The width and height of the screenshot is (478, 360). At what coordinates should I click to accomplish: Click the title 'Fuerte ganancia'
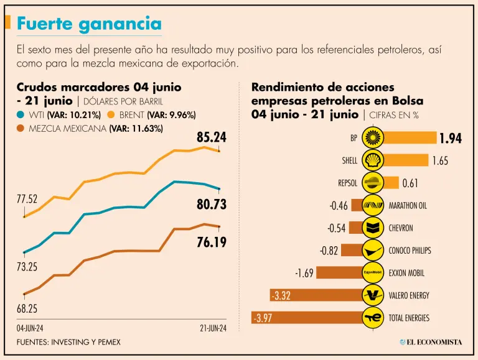[89, 24]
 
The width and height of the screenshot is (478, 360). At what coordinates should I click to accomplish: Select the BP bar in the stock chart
[411, 138]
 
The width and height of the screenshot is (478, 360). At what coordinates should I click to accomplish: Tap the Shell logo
[372, 160]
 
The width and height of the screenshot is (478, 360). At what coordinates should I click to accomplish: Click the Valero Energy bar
[316, 295]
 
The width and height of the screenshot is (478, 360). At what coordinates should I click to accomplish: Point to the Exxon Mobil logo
[372, 272]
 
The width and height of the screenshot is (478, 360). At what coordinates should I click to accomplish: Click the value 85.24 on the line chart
[207, 137]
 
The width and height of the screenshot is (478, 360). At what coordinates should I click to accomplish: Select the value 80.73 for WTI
[207, 205]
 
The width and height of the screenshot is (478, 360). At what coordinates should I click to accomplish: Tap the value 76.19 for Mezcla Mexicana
[211, 242]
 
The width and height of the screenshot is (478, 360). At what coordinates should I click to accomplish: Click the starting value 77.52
[27, 200]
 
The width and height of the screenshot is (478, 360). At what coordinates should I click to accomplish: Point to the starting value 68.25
[27, 309]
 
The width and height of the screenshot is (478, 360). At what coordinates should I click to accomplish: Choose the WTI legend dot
[21, 115]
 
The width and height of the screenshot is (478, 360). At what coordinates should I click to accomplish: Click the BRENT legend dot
[112, 115]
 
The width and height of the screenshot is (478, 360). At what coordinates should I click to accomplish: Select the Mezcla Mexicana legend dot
[21, 129]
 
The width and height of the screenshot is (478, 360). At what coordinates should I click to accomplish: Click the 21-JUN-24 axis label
[213, 327]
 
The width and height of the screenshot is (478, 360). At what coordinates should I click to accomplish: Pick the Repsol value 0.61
[411, 183]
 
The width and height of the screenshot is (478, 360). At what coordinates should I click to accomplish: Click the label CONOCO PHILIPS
[410, 251]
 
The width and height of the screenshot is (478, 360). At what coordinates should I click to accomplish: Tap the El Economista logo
[431, 342]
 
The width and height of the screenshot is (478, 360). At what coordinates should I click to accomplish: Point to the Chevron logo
[372, 228]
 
